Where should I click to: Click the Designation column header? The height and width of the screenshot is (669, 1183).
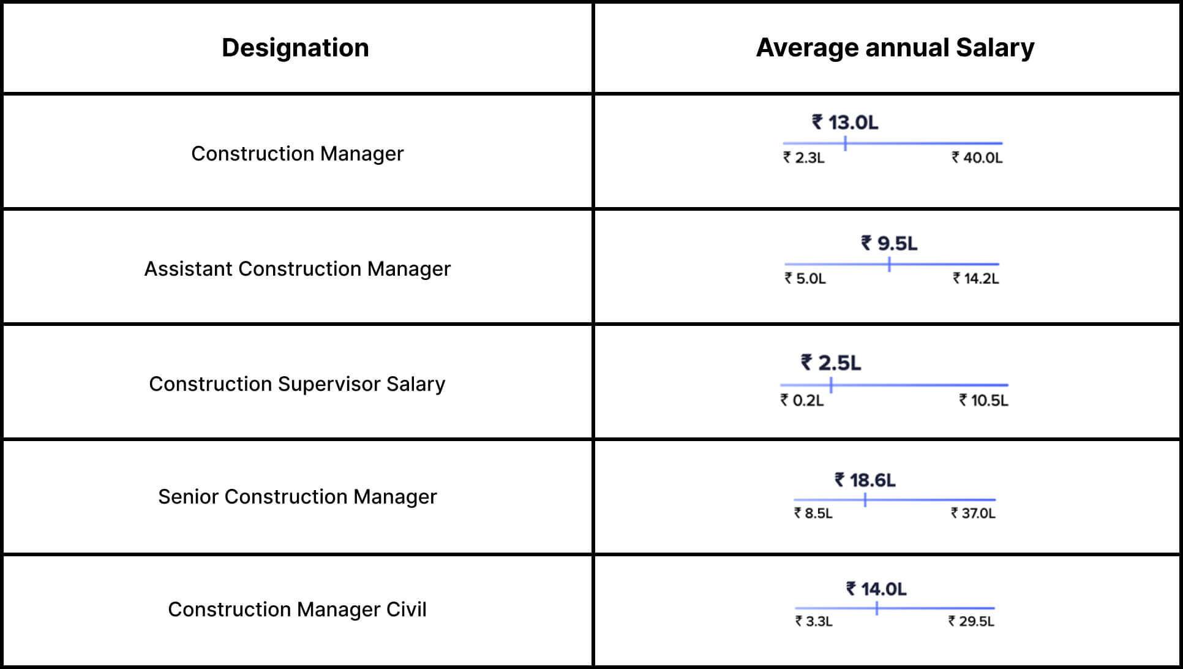tap(295, 48)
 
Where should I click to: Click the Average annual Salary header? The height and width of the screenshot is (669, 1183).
tap(895, 48)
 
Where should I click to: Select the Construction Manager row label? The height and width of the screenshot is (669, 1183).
tap(297, 153)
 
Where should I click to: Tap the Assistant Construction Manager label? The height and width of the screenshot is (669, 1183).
tap(297, 268)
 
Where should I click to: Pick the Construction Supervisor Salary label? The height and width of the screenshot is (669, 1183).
tap(297, 384)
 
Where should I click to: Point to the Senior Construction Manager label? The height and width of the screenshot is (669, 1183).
tap(297, 496)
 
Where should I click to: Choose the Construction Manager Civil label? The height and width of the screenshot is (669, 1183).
tap(297, 609)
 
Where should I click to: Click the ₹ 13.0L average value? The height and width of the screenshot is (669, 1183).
tap(845, 123)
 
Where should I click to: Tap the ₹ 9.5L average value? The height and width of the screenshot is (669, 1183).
tap(889, 243)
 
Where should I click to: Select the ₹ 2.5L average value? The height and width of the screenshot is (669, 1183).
tap(831, 363)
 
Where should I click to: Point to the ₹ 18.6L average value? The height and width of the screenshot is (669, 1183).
tap(865, 480)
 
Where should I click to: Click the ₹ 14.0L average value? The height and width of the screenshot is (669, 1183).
tap(876, 589)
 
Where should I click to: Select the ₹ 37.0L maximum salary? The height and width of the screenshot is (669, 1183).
tap(973, 513)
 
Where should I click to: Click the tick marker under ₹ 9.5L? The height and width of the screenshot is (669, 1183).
tap(889, 265)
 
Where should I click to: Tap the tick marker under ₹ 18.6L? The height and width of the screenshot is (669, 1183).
tap(865, 500)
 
